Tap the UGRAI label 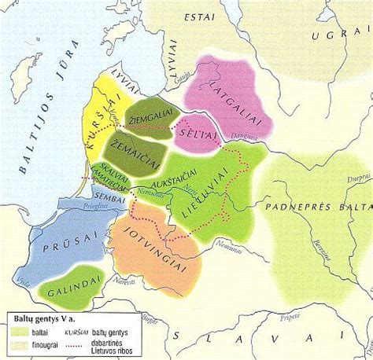coord(339,36)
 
